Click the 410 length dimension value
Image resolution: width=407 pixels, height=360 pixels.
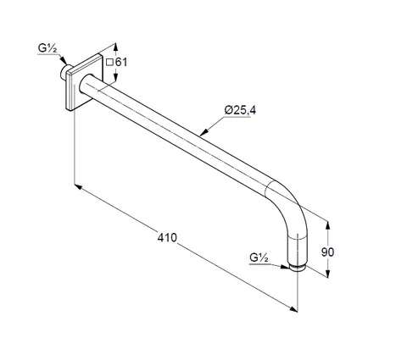pyautogui.click(x=167, y=237)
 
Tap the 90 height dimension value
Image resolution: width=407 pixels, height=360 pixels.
pyautogui.click(x=327, y=252)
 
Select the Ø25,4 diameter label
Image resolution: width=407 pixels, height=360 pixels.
pyautogui.click(x=240, y=110)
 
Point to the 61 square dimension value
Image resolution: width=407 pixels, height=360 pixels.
pyautogui.click(x=121, y=62)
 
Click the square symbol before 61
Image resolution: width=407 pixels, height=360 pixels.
pyautogui.click(x=109, y=62)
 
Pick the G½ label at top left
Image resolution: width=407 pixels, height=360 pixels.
pyautogui.click(x=47, y=48)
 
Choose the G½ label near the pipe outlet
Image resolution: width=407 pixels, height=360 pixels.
pyautogui.click(x=259, y=258)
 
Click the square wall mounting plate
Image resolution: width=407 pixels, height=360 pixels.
pyautogui.click(x=84, y=82)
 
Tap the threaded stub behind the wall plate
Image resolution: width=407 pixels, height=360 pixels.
pyautogui.click(x=64, y=72)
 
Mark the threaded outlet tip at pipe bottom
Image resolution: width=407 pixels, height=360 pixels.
pyautogui.click(x=298, y=268)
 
